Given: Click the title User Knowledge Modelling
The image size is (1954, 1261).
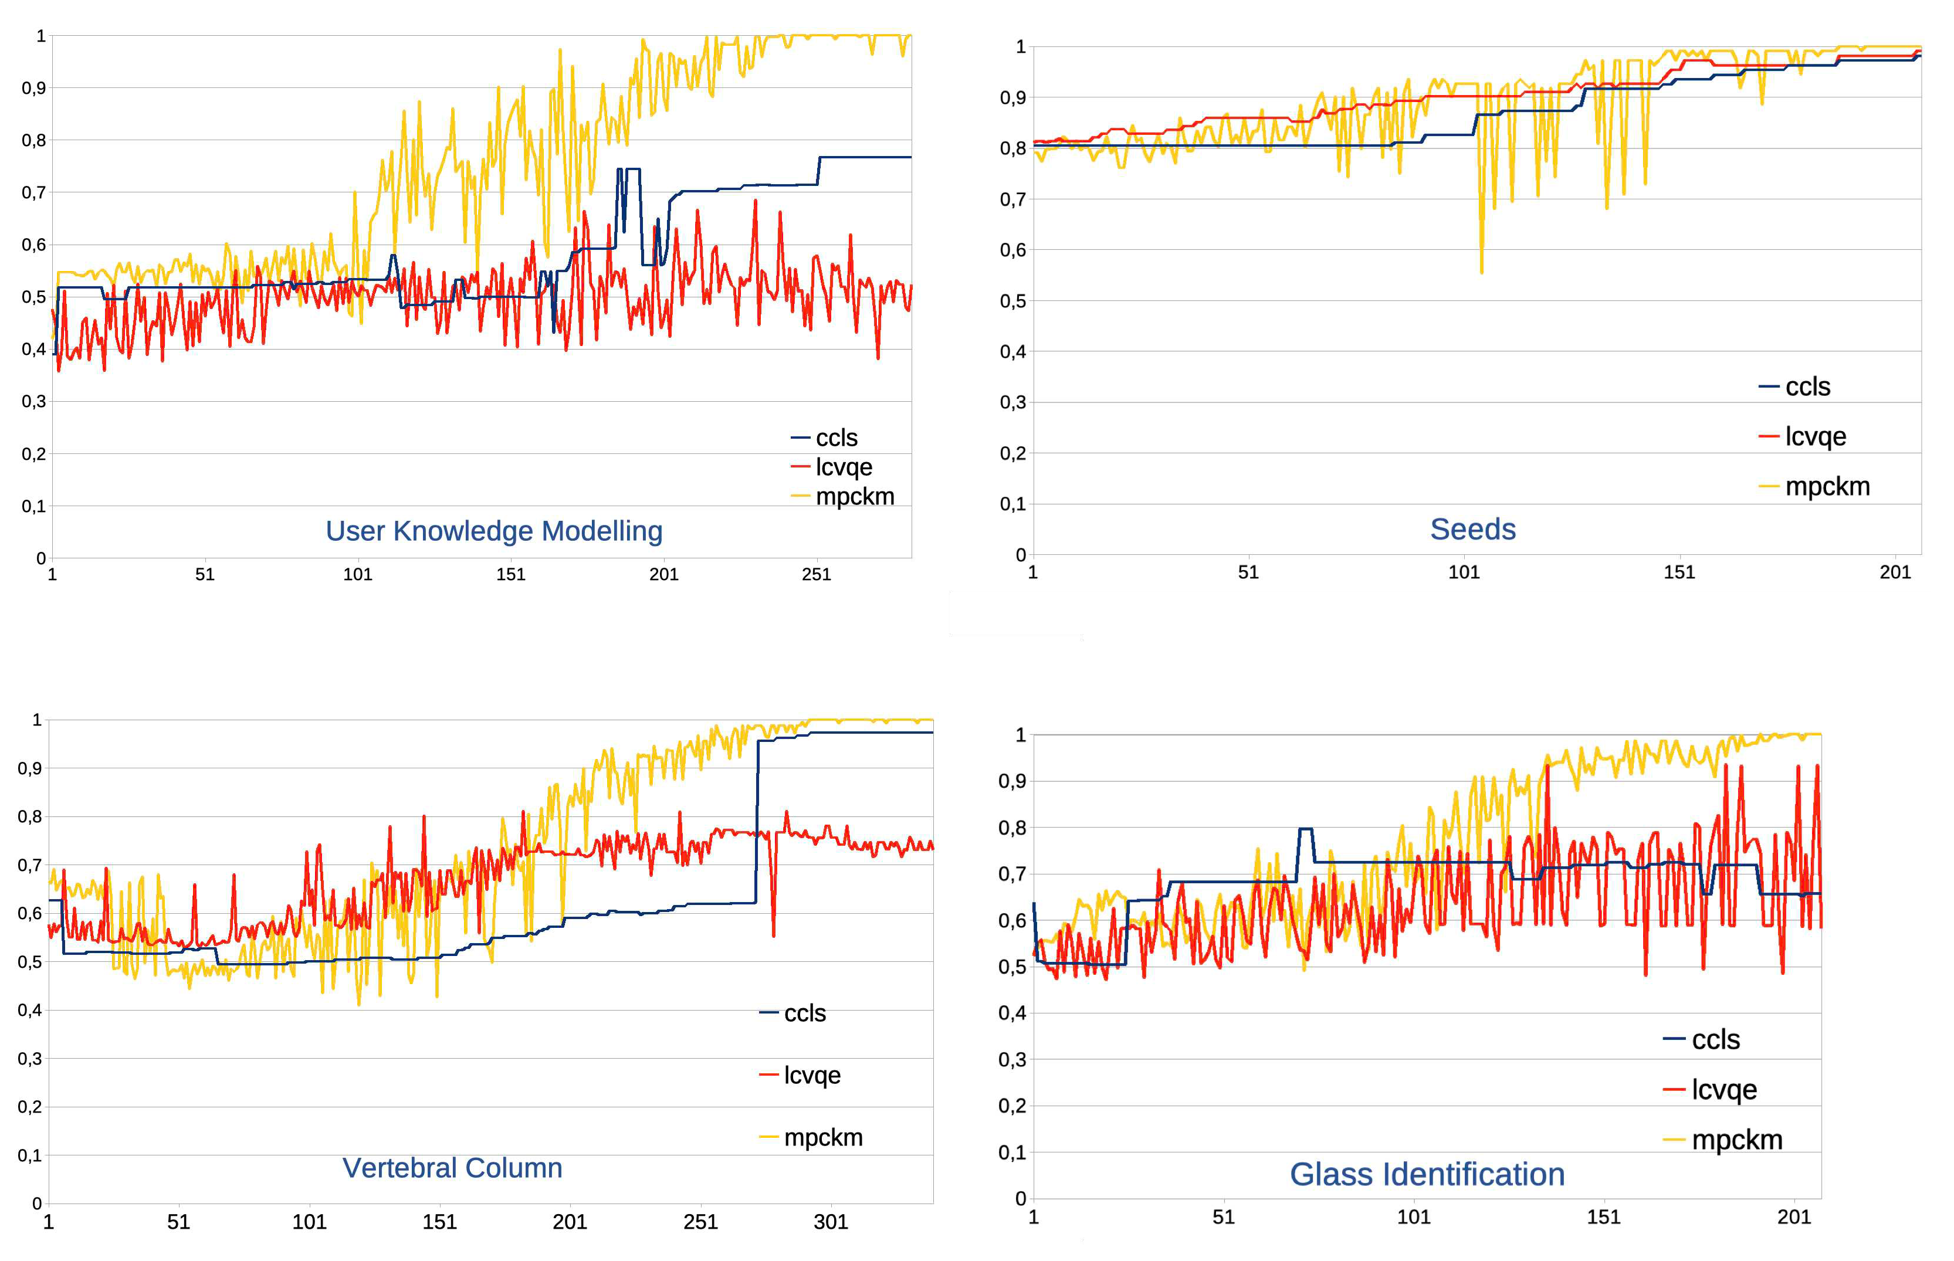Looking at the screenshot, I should pyautogui.click(x=494, y=531).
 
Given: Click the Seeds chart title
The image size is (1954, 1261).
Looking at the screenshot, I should pyautogui.click(x=1472, y=529).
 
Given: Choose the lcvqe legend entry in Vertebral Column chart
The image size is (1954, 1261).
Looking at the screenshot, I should pyautogui.click(x=811, y=1074).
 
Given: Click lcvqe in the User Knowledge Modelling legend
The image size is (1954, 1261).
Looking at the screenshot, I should pyautogui.click(x=843, y=467).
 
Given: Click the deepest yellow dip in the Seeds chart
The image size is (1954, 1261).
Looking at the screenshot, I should pyautogui.click(x=1481, y=270).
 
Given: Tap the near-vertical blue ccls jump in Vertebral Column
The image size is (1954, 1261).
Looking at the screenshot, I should pyautogui.click(x=757, y=819).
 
